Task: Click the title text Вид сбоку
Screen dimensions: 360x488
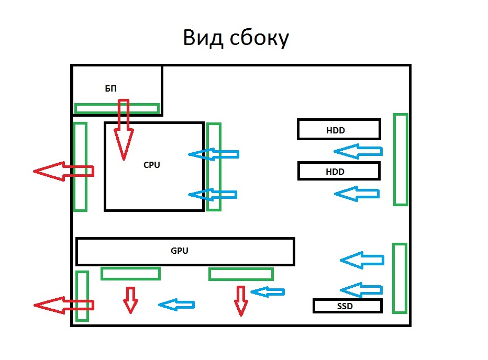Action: [236, 38]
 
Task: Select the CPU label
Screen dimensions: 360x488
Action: [152, 165]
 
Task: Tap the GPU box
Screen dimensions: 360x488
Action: [185, 251]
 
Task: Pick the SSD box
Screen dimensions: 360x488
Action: [347, 306]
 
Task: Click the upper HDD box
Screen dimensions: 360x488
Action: [338, 129]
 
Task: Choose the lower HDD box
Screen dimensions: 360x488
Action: [338, 171]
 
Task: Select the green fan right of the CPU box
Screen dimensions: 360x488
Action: [214, 166]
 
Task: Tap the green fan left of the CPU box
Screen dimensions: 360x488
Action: [80, 166]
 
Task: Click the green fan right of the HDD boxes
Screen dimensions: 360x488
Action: [400, 159]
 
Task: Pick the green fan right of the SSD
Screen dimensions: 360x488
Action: [400, 278]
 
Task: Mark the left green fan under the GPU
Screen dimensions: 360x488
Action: [130, 273]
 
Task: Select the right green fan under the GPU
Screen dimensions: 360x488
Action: [241, 274]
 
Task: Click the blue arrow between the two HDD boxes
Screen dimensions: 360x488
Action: [358, 152]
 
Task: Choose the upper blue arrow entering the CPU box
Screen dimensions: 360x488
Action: [213, 154]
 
